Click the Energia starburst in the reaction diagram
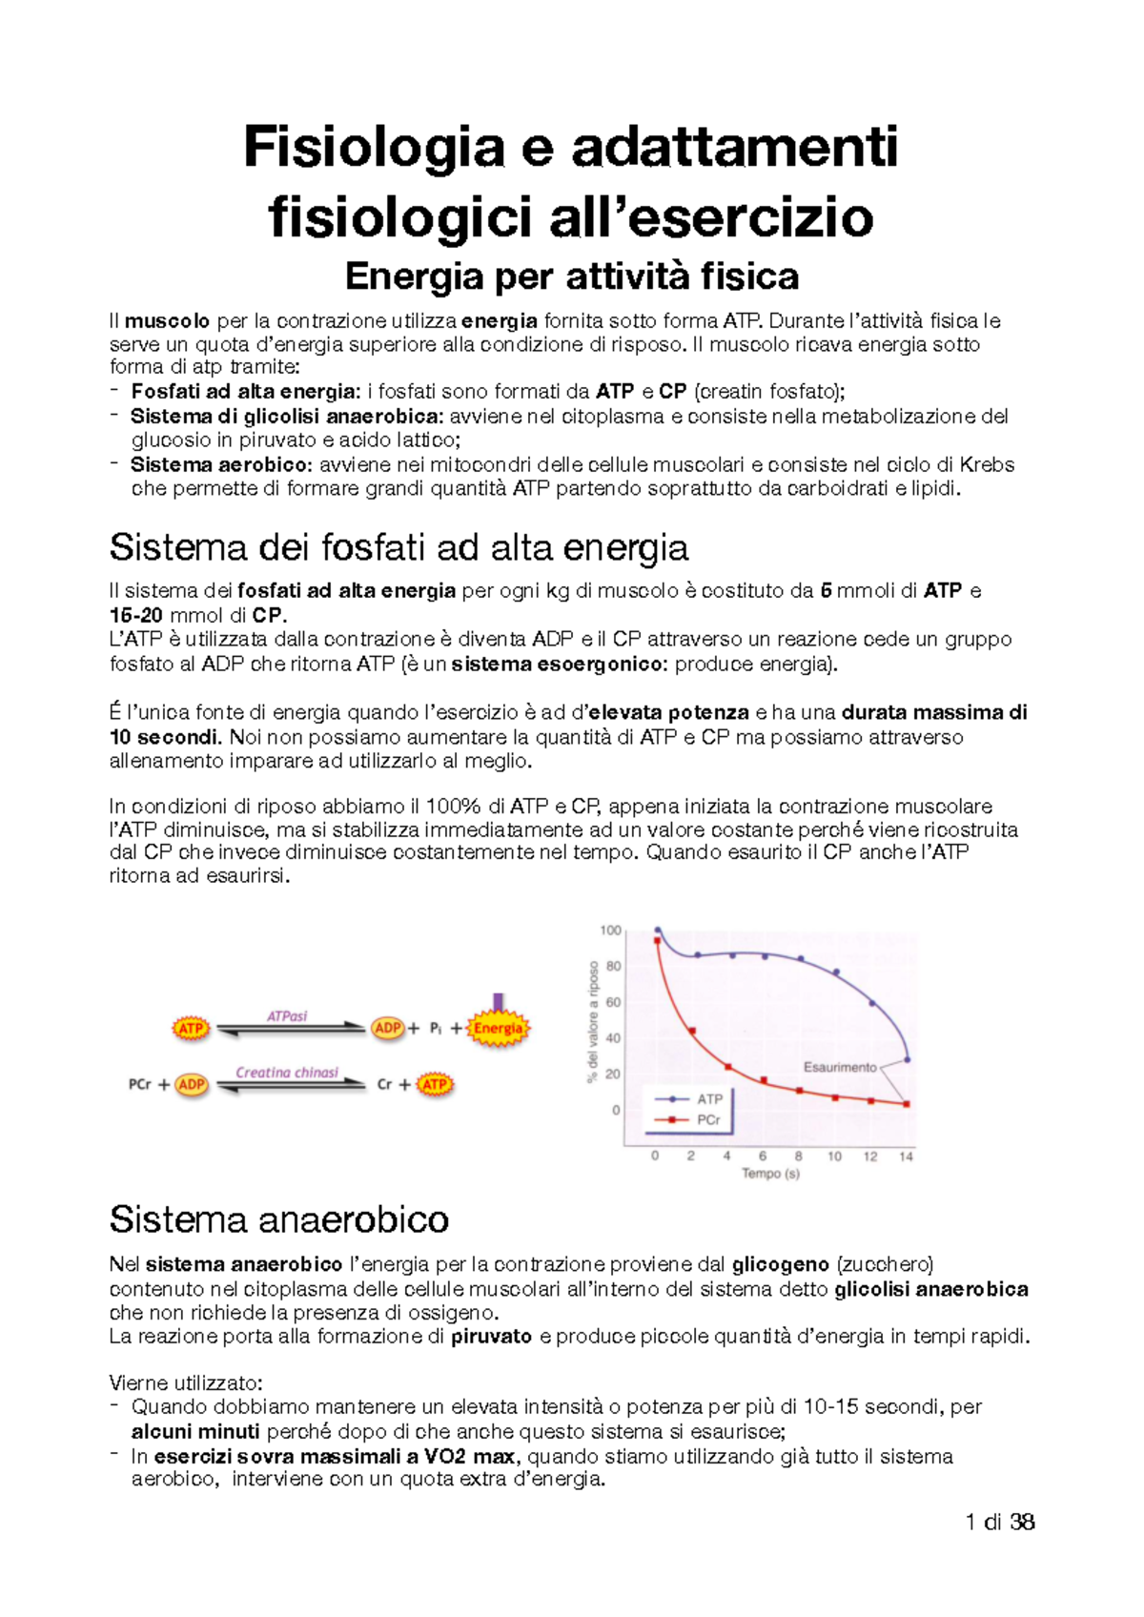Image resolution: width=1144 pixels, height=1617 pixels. [x=498, y=1029]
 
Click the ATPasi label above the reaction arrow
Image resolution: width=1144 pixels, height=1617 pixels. [x=287, y=1016]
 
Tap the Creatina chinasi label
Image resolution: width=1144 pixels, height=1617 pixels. [x=287, y=1073]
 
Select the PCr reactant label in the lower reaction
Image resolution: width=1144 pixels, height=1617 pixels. [x=140, y=1085]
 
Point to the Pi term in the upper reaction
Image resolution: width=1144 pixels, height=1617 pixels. [x=435, y=1029]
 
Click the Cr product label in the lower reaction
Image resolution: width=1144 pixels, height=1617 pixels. [x=385, y=1085]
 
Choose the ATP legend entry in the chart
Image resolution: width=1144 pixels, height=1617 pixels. [x=709, y=1099]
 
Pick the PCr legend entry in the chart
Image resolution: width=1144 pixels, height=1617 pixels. [x=708, y=1120]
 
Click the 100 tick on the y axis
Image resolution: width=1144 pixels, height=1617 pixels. [x=610, y=931]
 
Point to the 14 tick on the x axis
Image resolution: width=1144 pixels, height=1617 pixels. [x=906, y=1156]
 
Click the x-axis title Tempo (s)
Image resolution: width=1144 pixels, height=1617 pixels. [x=770, y=1174]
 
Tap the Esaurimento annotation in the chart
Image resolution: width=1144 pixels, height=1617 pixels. [x=839, y=1067]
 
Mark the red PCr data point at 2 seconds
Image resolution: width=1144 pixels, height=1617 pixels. [x=692, y=1031]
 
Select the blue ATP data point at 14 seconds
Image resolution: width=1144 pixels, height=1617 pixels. [x=907, y=1059]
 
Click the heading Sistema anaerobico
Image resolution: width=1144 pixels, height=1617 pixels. [x=279, y=1219]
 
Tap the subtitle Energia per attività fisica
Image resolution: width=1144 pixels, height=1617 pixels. [x=572, y=276]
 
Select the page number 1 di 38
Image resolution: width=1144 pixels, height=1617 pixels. [x=999, y=1522]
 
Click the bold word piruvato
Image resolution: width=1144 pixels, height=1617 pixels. [x=491, y=1337]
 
